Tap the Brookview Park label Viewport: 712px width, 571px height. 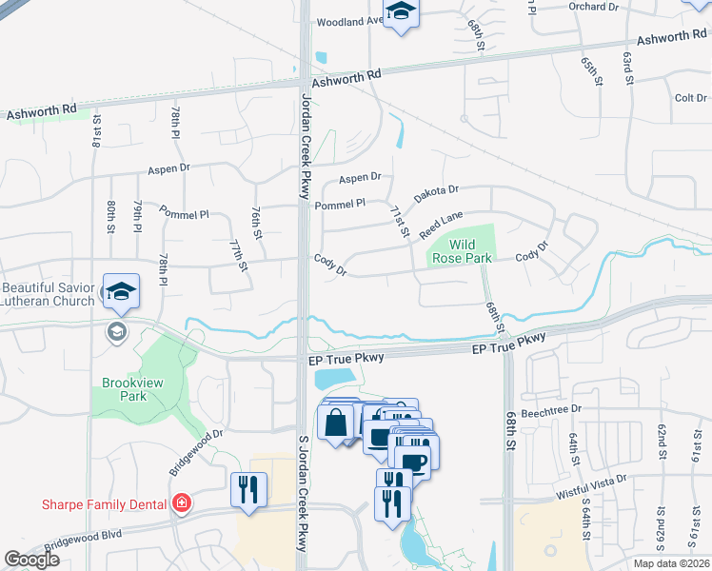pyautogui.click(x=125, y=389)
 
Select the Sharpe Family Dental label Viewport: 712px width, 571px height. pyautogui.click(x=104, y=503)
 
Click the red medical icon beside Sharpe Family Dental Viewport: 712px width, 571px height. pyautogui.click(x=180, y=502)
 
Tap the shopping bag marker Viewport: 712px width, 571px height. pyautogui.click(x=336, y=422)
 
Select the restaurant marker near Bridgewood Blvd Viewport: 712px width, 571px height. pyautogui.click(x=248, y=490)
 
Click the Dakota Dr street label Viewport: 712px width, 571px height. pyautogui.click(x=436, y=195)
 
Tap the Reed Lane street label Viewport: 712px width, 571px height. pyautogui.click(x=441, y=226)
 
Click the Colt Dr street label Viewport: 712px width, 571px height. pyautogui.click(x=690, y=98)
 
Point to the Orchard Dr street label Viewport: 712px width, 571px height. pyautogui.click(x=592, y=6)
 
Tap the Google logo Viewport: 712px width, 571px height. pyautogui.click(x=32, y=560)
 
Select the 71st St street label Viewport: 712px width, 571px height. pyautogui.click(x=400, y=221)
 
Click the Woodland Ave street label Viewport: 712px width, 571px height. pyautogui.click(x=349, y=21)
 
